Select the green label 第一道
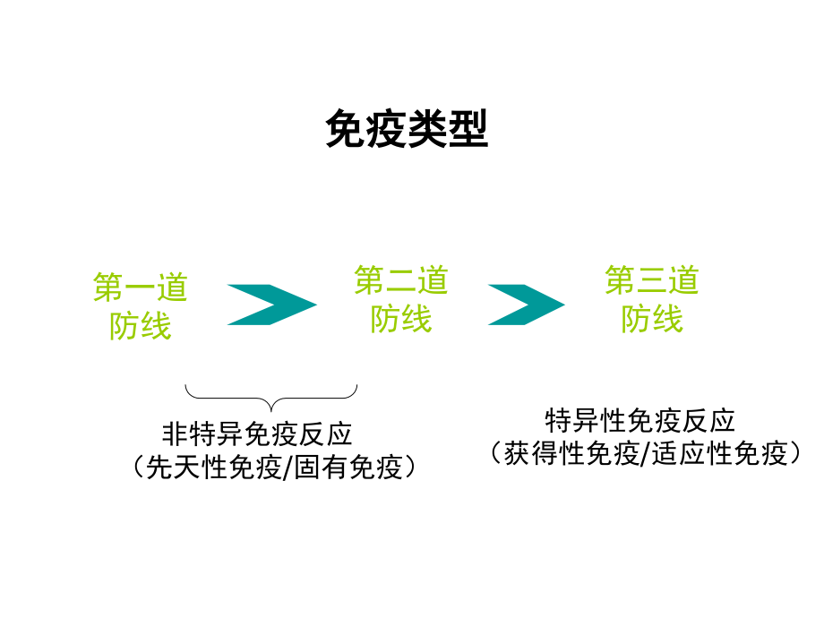(141, 288)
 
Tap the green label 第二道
(401, 281)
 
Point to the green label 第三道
(652, 281)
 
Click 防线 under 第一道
(141, 325)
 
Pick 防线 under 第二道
(401, 318)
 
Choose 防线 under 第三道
(652, 318)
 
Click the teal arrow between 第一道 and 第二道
(271, 305)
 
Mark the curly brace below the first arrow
(270, 395)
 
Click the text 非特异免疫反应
(257, 434)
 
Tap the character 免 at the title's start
(343, 129)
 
